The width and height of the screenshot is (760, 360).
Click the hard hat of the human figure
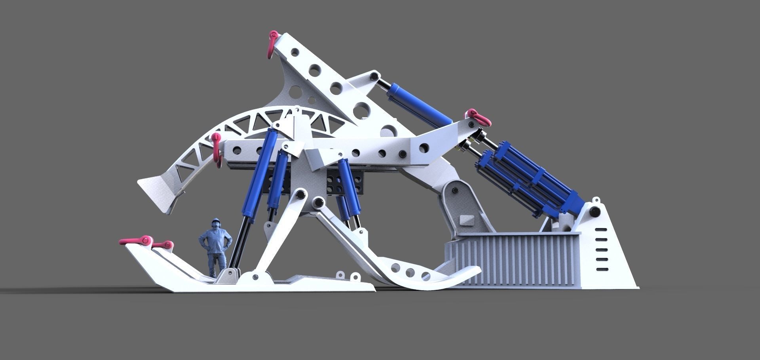(x=216, y=220)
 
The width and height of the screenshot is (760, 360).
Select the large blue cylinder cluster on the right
(x=526, y=180)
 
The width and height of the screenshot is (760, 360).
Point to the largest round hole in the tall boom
(x=362, y=109)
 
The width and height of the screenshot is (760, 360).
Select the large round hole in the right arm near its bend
(x=424, y=148)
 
